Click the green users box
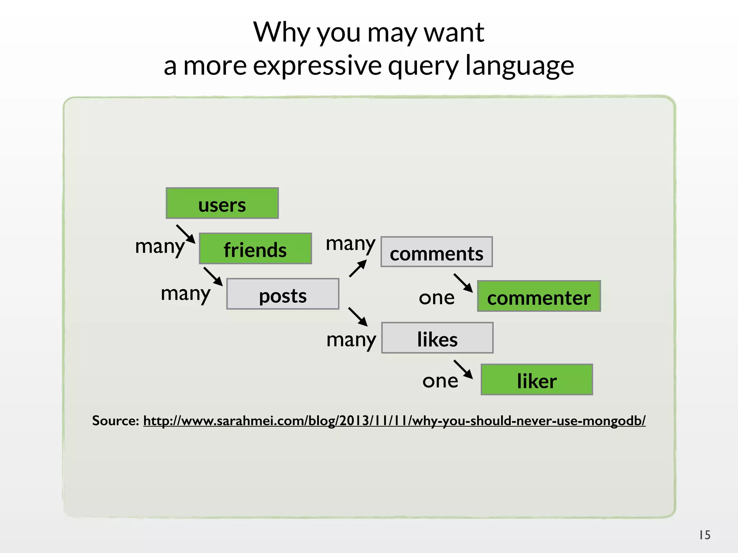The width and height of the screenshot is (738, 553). click(222, 203)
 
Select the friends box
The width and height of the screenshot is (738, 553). click(255, 249)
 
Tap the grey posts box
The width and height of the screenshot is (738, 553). click(283, 294)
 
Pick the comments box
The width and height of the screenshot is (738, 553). click(436, 252)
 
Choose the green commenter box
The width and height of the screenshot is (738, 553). click(539, 296)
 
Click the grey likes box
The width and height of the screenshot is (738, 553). click(437, 338)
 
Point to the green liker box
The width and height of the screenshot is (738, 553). click(537, 380)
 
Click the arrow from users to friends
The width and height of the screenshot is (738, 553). click(186, 234)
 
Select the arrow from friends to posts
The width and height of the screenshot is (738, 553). click(213, 276)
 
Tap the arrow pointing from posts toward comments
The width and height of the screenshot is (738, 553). click(358, 269)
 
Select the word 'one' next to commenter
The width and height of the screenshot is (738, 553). click(436, 298)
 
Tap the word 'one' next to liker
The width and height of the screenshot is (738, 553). click(440, 381)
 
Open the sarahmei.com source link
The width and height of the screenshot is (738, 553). click(394, 421)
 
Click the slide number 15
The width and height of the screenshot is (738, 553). click(704, 535)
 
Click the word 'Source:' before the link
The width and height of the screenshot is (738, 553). click(115, 421)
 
